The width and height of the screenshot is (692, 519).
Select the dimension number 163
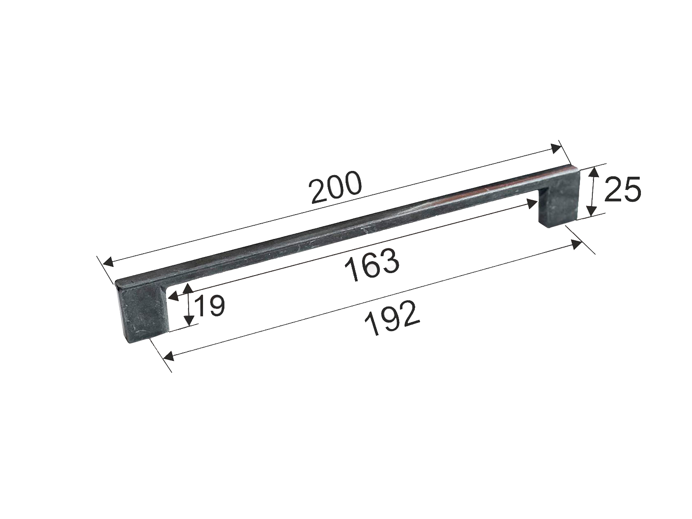[372, 264]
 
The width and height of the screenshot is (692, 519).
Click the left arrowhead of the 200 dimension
[108, 262]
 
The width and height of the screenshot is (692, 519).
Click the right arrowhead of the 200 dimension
[556, 148]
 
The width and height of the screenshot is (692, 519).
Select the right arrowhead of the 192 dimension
[576, 244]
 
